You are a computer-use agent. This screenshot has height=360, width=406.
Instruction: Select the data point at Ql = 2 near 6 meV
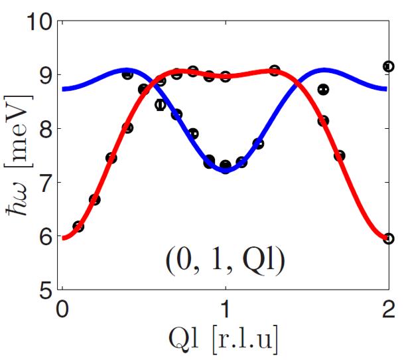389,238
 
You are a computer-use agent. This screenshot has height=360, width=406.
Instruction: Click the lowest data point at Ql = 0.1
78,226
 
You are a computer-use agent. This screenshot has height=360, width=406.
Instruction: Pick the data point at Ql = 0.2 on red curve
95,199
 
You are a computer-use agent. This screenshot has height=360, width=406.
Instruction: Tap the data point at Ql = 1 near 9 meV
226,76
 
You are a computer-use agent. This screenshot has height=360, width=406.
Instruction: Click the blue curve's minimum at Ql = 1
226,171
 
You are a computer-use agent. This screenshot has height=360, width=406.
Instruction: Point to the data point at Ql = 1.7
340,155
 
